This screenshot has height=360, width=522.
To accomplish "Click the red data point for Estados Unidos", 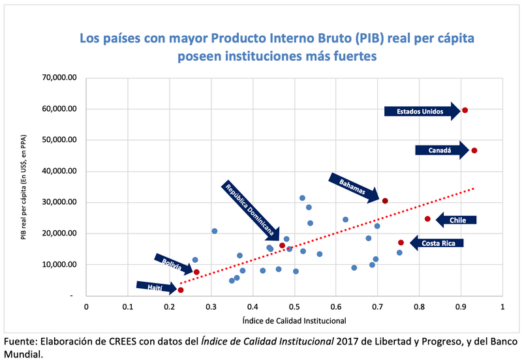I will [x=465, y=110].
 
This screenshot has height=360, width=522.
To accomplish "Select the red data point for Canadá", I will [x=474, y=151].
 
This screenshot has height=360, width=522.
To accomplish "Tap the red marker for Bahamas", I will [x=385, y=201].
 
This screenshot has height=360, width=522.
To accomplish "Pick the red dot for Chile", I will [x=428, y=219].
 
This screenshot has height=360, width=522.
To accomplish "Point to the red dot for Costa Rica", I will [x=401, y=243].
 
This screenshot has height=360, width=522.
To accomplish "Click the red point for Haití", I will [x=181, y=290].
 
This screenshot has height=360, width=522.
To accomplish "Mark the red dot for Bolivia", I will [x=196, y=272].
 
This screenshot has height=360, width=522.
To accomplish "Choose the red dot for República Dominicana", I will [x=283, y=245].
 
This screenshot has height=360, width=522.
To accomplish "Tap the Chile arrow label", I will [x=456, y=220].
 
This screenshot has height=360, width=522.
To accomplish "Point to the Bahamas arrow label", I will [x=353, y=186].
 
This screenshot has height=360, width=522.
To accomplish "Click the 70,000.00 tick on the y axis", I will [x=59, y=78].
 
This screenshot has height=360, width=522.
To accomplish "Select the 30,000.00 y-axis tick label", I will [x=59, y=202].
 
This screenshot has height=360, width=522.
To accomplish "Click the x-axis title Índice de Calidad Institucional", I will [x=294, y=320].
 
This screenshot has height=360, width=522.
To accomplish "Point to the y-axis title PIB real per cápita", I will [x=23, y=187].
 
